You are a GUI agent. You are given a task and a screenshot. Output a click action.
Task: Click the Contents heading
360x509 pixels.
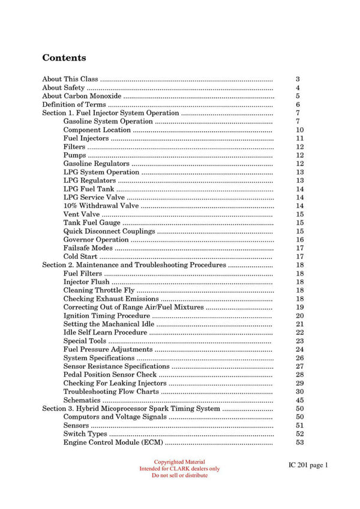click(64, 58)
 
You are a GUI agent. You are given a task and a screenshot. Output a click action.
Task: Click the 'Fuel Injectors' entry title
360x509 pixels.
click(86, 138)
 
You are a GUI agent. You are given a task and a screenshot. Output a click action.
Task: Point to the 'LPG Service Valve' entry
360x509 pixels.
click(94, 197)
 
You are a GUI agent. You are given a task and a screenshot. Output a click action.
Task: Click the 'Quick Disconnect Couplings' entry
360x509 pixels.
click(109, 231)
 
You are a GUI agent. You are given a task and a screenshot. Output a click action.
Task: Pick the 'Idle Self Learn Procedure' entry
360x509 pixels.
click(105, 332)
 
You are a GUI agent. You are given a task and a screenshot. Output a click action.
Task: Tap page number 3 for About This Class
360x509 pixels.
click(298, 79)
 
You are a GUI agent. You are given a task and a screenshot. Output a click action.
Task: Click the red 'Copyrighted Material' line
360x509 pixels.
click(179, 462)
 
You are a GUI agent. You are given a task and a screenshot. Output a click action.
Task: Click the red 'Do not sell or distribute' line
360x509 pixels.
click(179, 475)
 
